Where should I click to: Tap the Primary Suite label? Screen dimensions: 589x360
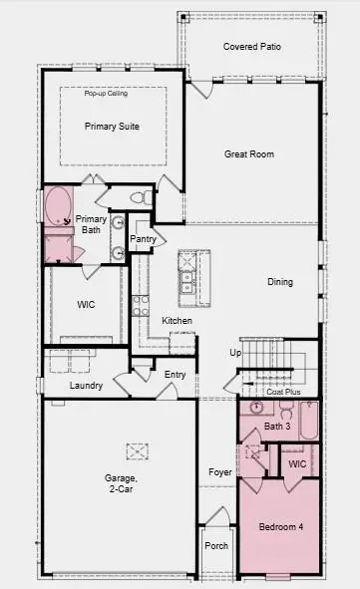(x=112, y=127)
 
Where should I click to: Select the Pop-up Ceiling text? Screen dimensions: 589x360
(x=105, y=93)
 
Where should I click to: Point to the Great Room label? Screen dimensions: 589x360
(x=249, y=154)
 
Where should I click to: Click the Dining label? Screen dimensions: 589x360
(x=280, y=282)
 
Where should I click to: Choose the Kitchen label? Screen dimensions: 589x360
(x=177, y=320)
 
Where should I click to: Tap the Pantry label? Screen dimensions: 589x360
(x=143, y=239)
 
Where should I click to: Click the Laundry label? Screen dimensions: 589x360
(x=87, y=385)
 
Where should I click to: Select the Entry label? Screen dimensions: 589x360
(x=175, y=375)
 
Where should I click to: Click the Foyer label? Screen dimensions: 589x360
(x=219, y=471)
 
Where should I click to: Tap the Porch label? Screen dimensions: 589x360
(x=216, y=546)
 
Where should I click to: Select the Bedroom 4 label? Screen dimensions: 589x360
(x=280, y=526)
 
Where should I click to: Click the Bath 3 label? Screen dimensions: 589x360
(x=277, y=427)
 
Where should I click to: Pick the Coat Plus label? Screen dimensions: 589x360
(x=283, y=392)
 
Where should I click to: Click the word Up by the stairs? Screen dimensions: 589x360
(x=235, y=353)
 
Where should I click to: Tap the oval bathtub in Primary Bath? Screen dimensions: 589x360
(x=58, y=206)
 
